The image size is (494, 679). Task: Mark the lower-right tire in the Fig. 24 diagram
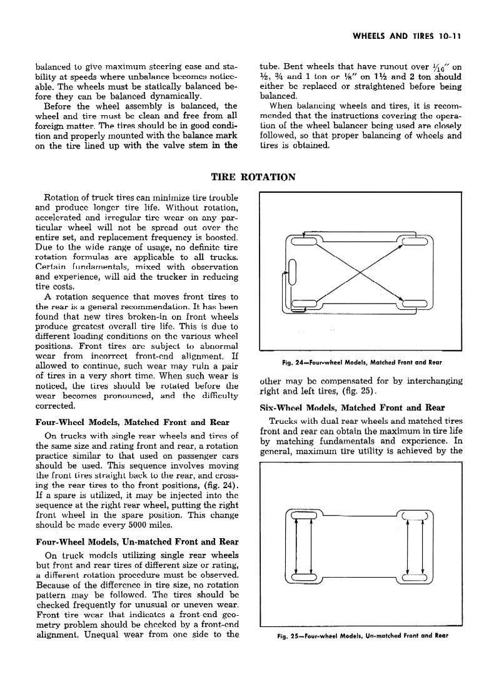click(x=413, y=305)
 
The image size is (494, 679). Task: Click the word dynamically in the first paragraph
click(x=174, y=96)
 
